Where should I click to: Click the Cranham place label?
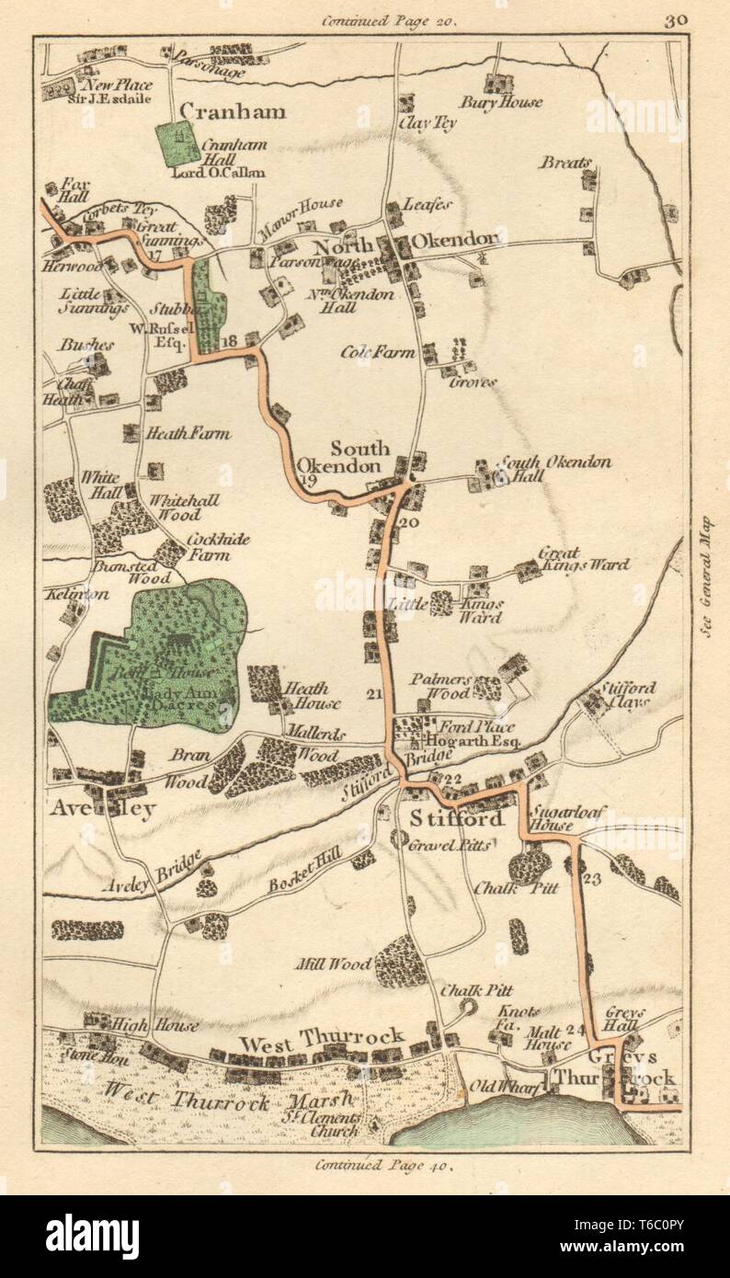[233, 111]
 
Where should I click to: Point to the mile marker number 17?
[154, 254]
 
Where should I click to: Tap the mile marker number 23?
[591, 878]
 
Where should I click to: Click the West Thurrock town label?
[322, 1038]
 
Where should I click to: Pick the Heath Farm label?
[189, 433]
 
